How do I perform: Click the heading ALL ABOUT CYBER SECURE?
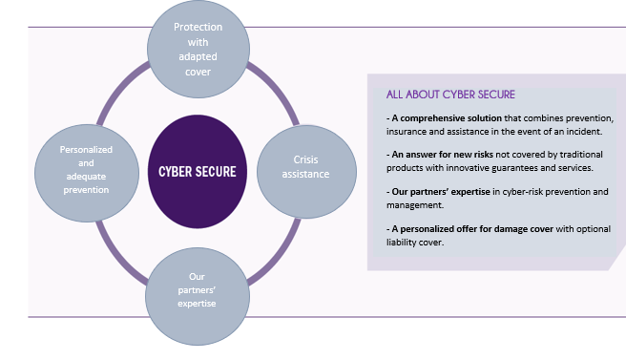pyautogui.click(x=450, y=95)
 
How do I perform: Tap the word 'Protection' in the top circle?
pyautogui.click(x=198, y=28)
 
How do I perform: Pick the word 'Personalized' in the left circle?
pyautogui.click(x=86, y=150)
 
